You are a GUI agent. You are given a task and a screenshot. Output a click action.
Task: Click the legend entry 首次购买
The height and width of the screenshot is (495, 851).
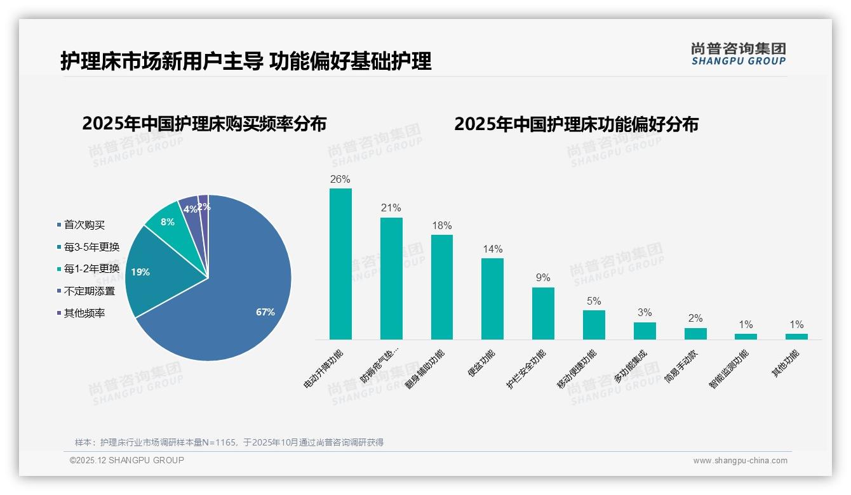(84, 225)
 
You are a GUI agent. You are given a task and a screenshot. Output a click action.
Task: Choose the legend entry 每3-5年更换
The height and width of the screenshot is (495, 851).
(91, 247)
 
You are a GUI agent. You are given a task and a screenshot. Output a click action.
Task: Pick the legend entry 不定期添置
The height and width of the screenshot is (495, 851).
(89, 291)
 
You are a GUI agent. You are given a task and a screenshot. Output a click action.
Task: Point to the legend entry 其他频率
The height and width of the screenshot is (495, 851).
(84, 313)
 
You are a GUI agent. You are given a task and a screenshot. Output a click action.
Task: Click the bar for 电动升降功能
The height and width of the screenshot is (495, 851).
(340, 264)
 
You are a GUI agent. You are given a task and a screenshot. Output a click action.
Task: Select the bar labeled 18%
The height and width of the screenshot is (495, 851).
(442, 287)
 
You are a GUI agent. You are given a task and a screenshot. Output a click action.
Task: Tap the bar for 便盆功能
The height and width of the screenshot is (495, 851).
(492, 298)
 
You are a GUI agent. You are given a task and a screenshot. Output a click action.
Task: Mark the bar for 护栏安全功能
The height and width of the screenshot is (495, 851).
(543, 313)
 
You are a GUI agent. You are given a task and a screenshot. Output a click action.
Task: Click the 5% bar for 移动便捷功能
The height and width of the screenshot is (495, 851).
(594, 324)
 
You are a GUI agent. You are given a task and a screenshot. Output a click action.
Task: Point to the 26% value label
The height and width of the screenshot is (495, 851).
(340, 179)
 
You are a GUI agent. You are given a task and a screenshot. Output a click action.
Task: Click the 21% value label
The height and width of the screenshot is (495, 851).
(391, 208)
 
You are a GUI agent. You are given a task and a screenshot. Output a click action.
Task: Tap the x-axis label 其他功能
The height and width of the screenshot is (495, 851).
(785, 364)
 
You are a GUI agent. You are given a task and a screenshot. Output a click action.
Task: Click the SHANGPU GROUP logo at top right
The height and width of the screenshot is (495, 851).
(739, 53)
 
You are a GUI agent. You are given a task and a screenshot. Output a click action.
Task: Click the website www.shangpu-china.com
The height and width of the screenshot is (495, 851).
(740, 461)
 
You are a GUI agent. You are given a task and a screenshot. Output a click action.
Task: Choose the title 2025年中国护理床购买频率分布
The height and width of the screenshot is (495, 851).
(204, 124)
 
